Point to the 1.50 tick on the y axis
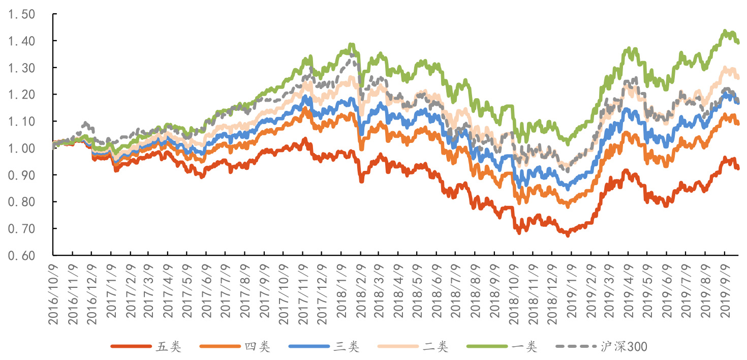pyautogui.click(x=21, y=14)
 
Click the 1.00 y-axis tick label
pyautogui.click(x=21, y=148)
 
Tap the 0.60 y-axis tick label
pyautogui.click(x=21, y=256)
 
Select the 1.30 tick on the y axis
pyautogui.click(x=21, y=68)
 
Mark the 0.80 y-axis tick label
pyautogui.click(x=21, y=202)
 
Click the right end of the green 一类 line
pyautogui.click(x=738, y=43)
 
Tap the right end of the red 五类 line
pyautogui.click(x=738, y=168)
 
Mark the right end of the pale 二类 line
pyautogui.click(x=738, y=77)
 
